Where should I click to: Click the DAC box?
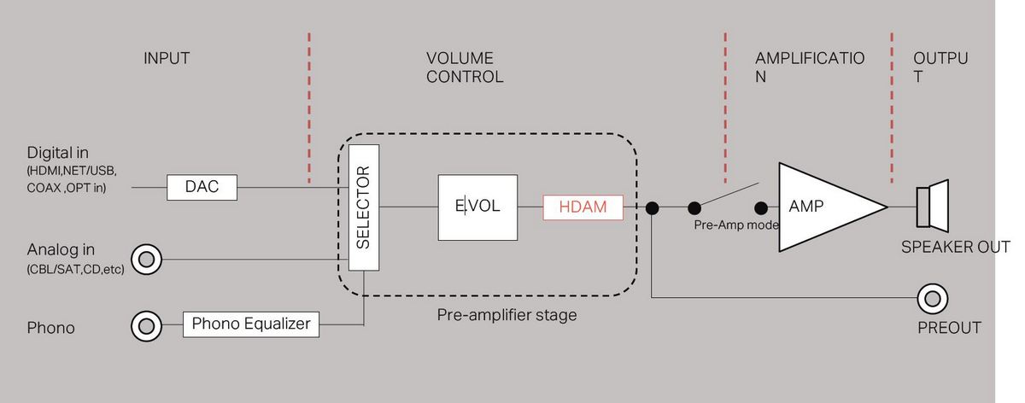click(201, 187)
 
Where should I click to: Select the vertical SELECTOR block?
click(364, 207)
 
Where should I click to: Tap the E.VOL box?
click(477, 207)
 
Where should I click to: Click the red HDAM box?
click(583, 207)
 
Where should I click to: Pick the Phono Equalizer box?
click(252, 324)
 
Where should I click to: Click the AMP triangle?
click(820, 207)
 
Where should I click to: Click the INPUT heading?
click(167, 59)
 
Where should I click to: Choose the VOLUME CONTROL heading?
click(464, 67)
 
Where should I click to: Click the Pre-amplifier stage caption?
click(507, 315)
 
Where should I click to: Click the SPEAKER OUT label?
click(956, 248)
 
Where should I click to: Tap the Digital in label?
click(58, 154)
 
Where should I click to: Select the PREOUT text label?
click(949, 328)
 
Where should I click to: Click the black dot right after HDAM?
click(652, 207)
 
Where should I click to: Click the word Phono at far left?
click(51, 328)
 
